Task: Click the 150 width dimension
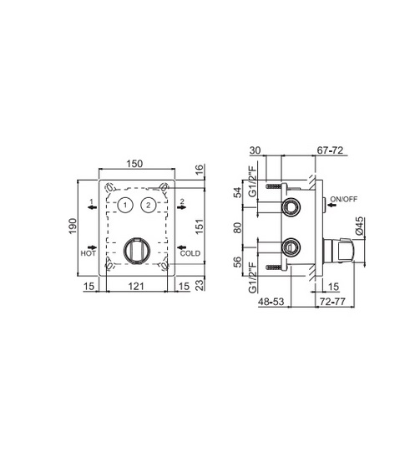point(134,164)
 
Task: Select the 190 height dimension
point(73,226)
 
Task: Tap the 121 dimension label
point(136,287)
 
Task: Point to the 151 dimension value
point(200,226)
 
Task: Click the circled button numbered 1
point(125,205)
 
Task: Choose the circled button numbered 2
point(149,205)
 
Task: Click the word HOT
point(88,253)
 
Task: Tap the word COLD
point(190,253)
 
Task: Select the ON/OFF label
point(344,199)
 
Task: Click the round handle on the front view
point(137,251)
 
